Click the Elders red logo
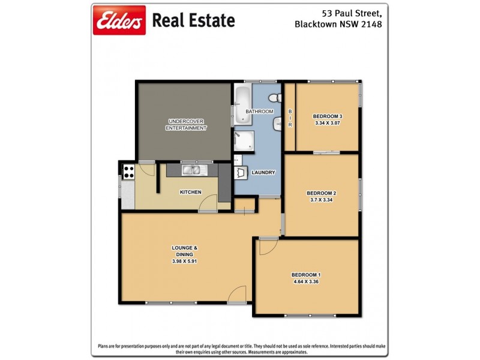tap(119, 21)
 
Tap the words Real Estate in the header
tap(193, 21)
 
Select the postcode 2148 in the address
tap(370, 25)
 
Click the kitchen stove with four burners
tap(128, 172)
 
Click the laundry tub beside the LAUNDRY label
tap(242, 172)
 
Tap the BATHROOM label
tap(259, 112)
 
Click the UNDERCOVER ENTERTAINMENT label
tap(186, 124)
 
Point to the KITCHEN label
tap(190, 192)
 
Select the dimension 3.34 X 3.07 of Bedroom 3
tap(328, 124)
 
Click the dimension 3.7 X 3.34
tap(322, 200)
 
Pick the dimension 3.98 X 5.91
tap(185, 261)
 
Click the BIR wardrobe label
tap(290, 118)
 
